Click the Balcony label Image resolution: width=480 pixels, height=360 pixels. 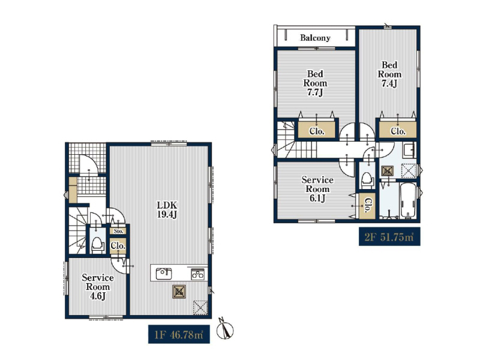(x=315, y=38)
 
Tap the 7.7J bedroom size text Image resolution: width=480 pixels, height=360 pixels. (x=315, y=93)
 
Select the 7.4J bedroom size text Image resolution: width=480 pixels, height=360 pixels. (x=389, y=83)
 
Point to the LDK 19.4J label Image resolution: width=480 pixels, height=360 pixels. (x=167, y=209)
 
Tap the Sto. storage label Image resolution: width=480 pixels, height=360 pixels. (x=118, y=231)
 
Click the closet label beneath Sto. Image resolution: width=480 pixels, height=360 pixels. (x=118, y=246)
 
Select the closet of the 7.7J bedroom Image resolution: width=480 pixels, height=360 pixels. (x=317, y=131)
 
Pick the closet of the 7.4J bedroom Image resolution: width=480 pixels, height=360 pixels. (x=398, y=131)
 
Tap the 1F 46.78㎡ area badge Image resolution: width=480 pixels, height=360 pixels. (x=179, y=334)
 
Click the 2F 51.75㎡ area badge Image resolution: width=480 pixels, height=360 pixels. (x=389, y=236)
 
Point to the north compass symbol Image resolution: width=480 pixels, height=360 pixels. (x=226, y=329)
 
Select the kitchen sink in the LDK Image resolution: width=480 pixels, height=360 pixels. (x=164, y=274)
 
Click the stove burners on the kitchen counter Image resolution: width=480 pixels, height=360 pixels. (x=198, y=274)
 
